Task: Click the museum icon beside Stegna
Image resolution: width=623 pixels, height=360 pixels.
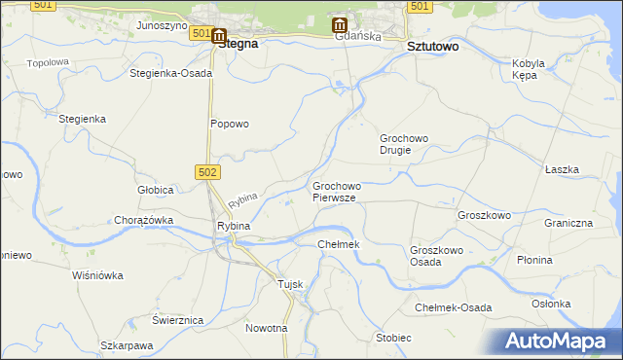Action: click(x=219, y=35)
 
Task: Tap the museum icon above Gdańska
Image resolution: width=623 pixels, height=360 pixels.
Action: click(x=339, y=24)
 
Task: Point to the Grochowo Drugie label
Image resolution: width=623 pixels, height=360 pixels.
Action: click(x=404, y=144)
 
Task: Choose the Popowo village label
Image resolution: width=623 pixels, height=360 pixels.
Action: click(x=231, y=124)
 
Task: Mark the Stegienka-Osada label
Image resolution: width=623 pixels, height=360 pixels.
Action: click(x=170, y=73)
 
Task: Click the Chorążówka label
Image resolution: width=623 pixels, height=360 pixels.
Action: click(x=143, y=220)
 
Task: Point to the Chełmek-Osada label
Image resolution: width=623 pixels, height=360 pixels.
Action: click(x=453, y=307)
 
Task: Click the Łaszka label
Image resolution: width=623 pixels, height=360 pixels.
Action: click(x=562, y=169)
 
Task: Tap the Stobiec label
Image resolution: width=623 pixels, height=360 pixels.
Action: click(x=393, y=338)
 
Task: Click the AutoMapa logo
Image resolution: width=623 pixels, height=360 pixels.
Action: click(x=560, y=341)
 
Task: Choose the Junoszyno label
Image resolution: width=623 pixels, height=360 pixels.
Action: click(x=162, y=25)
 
